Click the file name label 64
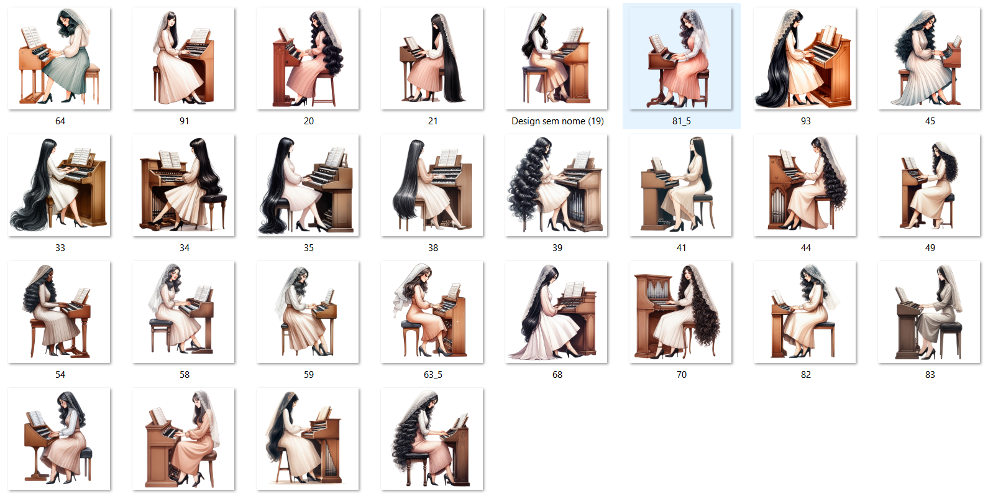tap(60, 121)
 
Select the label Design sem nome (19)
tap(557, 121)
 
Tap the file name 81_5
tap(681, 121)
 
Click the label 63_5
tap(432, 375)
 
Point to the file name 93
tap(805, 121)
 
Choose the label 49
tap(930, 248)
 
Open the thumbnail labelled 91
tap(183, 58)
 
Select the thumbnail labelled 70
tap(680, 311)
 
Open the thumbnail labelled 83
tap(929, 311)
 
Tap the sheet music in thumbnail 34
tap(169, 159)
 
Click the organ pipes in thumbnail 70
tap(656, 290)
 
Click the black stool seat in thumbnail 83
tap(951, 327)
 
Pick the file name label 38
tap(432, 248)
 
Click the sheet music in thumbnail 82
tap(778, 296)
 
